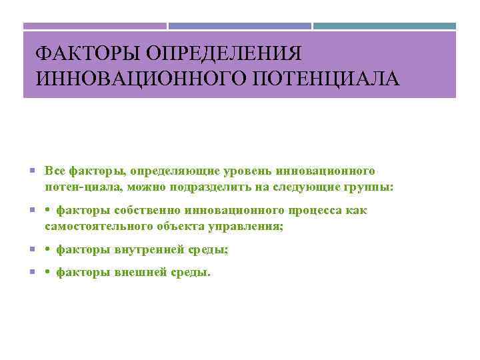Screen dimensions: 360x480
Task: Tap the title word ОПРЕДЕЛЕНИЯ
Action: (x=222, y=53)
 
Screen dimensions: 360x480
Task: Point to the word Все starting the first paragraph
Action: (x=55, y=171)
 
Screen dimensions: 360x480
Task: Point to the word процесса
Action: (x=317, y=211)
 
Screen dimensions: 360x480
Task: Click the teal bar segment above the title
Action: (x=385, y=26)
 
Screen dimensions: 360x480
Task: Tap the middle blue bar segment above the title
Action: (x=239, y=26)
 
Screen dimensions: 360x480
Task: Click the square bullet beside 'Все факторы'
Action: (x=33, y=172)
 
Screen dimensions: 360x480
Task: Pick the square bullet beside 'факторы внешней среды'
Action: (x=33, y=273)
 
